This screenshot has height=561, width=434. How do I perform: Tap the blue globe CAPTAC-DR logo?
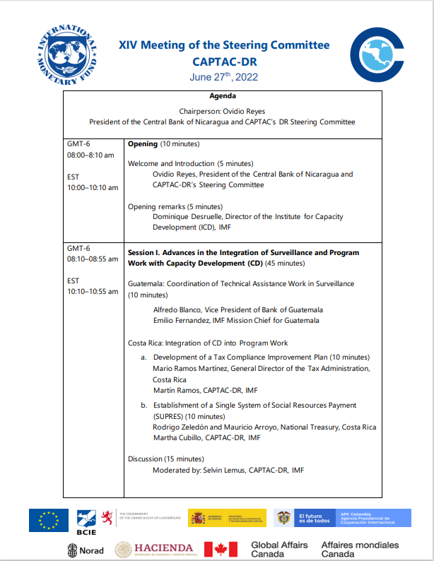click(x=378, y=55)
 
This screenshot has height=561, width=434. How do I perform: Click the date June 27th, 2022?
click(x=223, y=77)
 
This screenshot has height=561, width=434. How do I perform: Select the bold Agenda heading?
click(x=223, y=96)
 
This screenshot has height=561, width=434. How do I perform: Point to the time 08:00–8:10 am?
click(x=90, y=155)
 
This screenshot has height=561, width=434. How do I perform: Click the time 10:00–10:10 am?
click(x=93, y=187)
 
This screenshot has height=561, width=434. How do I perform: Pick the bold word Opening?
click(x=142, y=144)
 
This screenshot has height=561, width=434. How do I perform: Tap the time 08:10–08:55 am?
click(x=93, y=259)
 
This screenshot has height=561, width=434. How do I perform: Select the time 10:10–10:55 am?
click(x=93, y=291)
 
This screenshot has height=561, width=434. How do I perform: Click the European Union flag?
click(x=49, y=520)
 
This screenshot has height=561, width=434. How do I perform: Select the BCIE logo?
click(x=86, y=521)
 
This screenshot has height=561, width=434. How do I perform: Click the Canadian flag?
click(x=221, y=549)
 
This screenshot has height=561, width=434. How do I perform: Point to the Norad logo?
click(x=86, y=550)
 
